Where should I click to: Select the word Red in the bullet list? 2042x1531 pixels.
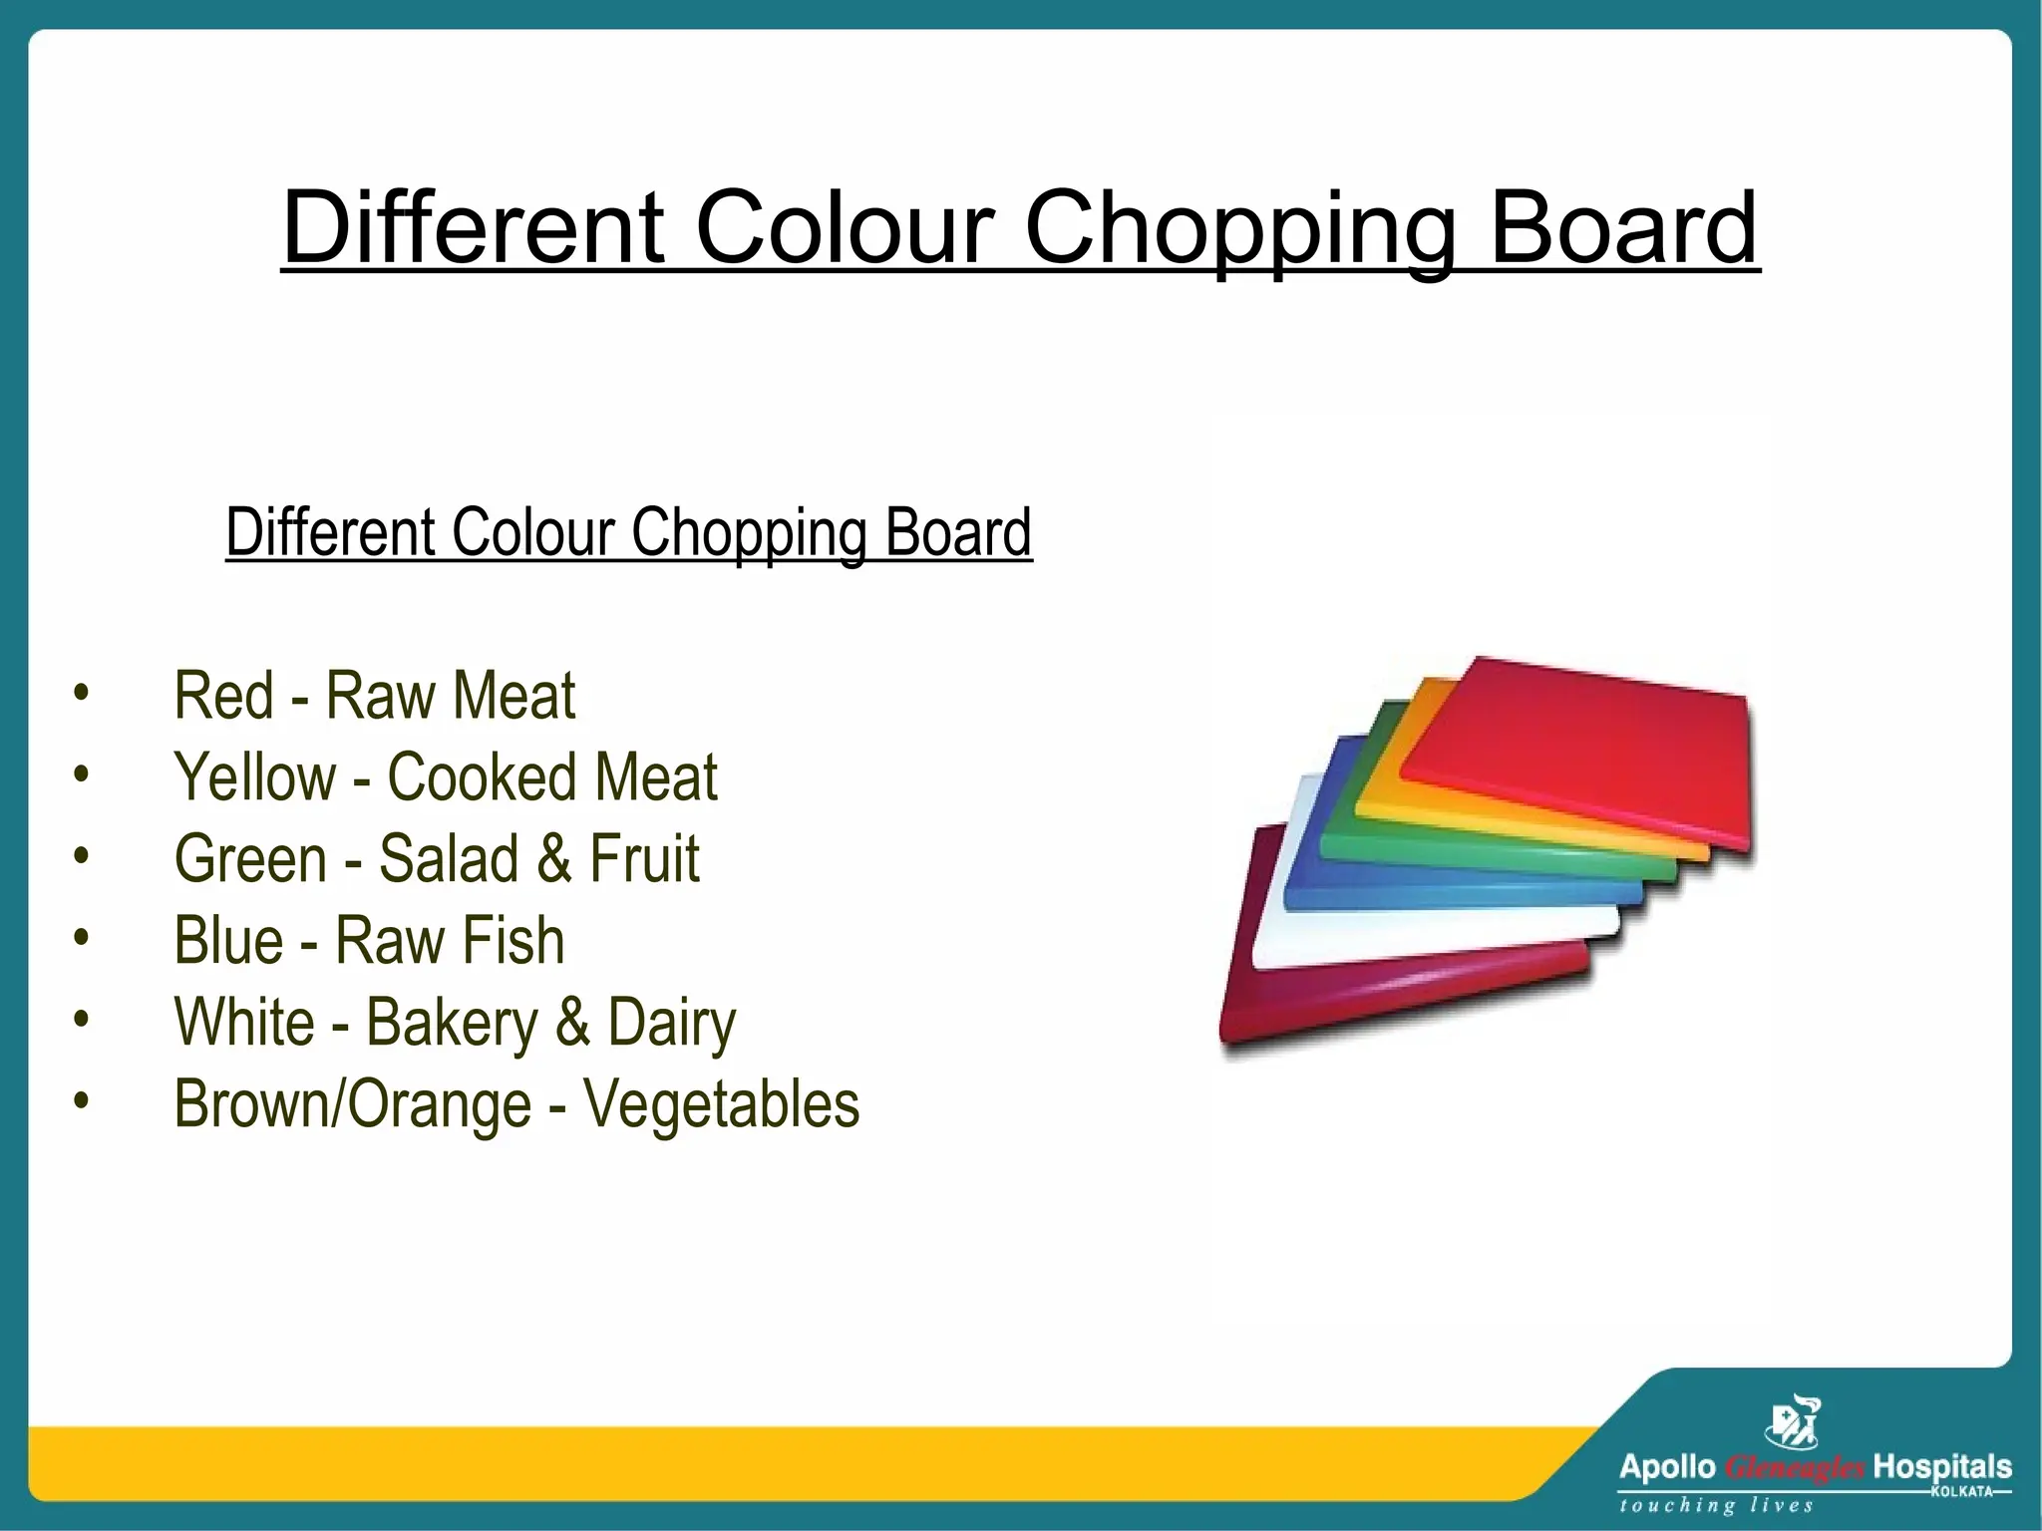tap(223, 695)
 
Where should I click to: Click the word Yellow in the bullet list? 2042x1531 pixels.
tap(255, 776)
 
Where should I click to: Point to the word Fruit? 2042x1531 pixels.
tap(644, 858)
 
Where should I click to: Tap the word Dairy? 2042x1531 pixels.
tap(671, 1023)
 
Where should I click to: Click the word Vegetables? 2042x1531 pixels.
tap(721, 1104)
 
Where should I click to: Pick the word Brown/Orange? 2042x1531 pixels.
tap(353, 1104)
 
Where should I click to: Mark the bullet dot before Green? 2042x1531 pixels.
tap(82, 855)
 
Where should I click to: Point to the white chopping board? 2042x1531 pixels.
tap(1286, 927)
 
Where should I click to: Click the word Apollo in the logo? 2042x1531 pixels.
tap(1666, 1467)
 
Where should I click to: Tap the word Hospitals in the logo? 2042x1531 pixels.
tap(1942, 1467)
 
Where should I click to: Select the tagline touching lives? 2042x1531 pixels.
tap(1716, 1505)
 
